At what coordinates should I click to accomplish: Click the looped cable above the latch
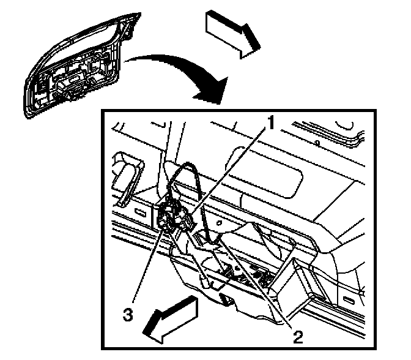[183, 178]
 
